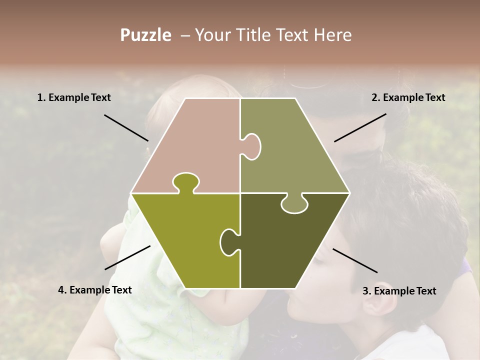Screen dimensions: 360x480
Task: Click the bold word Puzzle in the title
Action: point(145,35)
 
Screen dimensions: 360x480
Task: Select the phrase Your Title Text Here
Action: point(273,35)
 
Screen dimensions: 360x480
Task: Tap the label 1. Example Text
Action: point(74,98)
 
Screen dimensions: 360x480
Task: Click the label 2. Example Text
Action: point(408,98)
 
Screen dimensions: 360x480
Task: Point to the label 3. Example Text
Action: point(399,291)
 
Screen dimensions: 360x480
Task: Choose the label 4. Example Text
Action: point(95,290)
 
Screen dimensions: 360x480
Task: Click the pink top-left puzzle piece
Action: point(195,140)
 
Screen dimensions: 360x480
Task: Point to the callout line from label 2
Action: point(360,127)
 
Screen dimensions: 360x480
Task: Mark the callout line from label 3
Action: point(355,260)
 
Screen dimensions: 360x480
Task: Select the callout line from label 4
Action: point(127,257)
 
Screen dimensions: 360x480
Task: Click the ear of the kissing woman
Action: point(385,300)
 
